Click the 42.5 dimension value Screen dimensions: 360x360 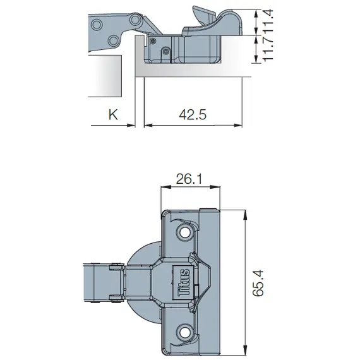pos(193,115)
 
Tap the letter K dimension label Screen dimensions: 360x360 pos(114,115)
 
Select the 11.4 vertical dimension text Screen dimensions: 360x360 pos(268,18)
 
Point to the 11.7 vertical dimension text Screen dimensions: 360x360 pos(268,48)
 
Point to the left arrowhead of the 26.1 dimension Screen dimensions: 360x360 pos(165,187)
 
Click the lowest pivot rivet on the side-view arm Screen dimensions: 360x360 pos(113,40)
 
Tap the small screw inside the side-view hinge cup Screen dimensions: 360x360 pos(165,51)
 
